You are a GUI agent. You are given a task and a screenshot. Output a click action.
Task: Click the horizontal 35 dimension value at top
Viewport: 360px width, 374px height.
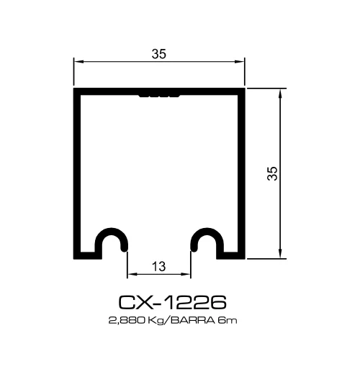159,53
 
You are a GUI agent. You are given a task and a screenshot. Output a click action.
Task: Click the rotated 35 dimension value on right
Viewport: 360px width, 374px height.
271,173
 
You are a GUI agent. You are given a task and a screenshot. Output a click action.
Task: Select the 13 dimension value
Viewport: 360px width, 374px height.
159,266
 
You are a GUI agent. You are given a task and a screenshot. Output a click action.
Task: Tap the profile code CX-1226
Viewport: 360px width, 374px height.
172,301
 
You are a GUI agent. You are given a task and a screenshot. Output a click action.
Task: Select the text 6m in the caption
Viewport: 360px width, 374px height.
223,319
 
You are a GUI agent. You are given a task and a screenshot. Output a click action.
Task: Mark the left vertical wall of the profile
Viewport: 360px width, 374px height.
77,173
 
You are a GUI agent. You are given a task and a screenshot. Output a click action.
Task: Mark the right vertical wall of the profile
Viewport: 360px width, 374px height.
242,173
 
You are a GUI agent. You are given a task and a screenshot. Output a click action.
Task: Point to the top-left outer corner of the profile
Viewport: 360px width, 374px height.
75,90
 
